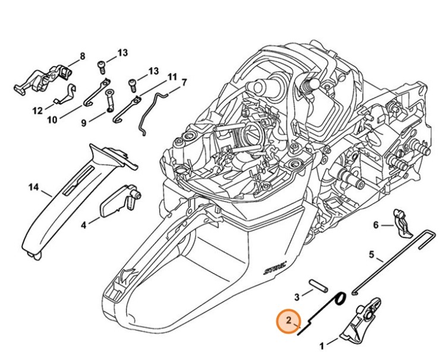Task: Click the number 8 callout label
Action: click(82, 56)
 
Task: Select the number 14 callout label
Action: click(33, 188)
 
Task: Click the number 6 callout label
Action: click(375, 225)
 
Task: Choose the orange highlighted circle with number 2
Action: click(288, 321)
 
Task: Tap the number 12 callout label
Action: click(37, 110)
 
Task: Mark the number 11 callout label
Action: click(172, 77)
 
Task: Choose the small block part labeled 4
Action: click(116, 203)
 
